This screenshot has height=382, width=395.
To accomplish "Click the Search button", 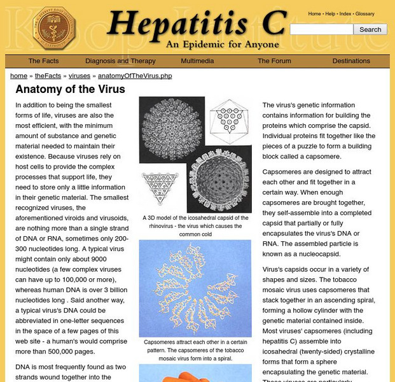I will (370, 29).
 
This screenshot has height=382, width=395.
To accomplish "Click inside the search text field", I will (321, 29).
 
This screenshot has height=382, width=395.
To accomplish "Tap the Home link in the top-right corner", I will (314, 13).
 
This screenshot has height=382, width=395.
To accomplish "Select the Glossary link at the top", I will (364, 13).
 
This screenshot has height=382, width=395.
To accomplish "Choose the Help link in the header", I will (330, 13).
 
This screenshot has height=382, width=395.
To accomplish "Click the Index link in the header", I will (345, 13).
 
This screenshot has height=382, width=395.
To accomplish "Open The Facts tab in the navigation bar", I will (44, 61).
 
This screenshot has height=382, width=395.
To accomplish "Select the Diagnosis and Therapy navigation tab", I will (120, 61).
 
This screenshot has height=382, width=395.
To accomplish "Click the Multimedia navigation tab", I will (197, 61).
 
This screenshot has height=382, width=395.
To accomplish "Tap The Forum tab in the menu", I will (274, 61).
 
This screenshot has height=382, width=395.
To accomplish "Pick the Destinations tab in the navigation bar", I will (351, 61).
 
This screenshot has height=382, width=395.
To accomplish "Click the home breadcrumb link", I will (18, 76).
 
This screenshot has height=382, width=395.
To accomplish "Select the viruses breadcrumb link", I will (80, 76).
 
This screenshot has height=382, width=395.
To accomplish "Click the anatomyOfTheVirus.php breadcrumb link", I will (135, 76).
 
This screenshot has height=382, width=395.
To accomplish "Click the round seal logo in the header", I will (54, 28).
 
